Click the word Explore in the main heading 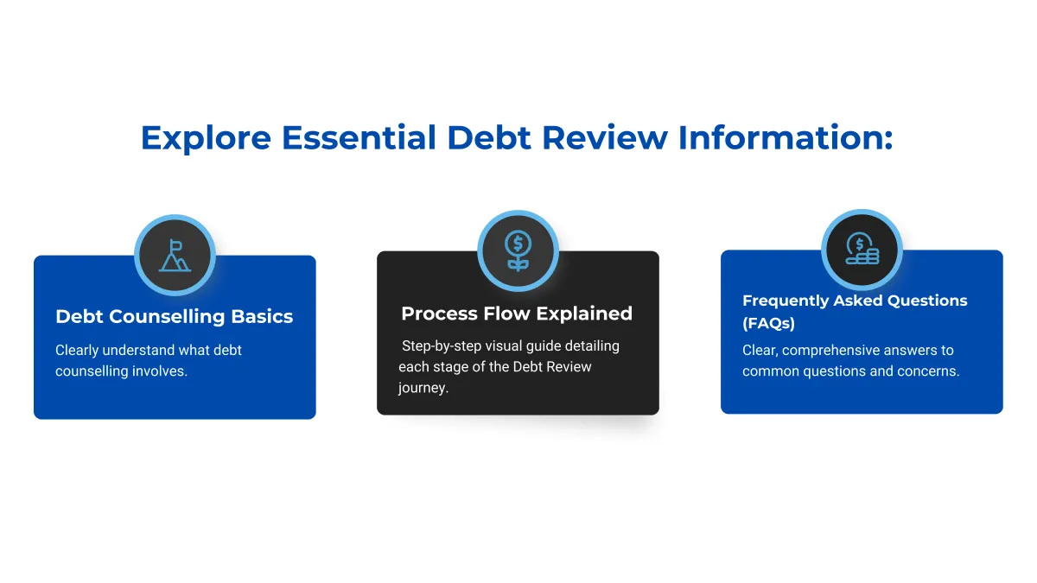coord(206,138)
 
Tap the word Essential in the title coord(359,137)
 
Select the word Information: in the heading coord(786,137)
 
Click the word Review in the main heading coord(605,137)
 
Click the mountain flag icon coord(175,256)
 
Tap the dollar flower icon coord(518,250)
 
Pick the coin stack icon coord(862,249)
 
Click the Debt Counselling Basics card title coord(174,316)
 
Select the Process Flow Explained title coord(517,314)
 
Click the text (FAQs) coord(768,323)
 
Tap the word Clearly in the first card coord(77,351)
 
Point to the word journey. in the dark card coord(423,388)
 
